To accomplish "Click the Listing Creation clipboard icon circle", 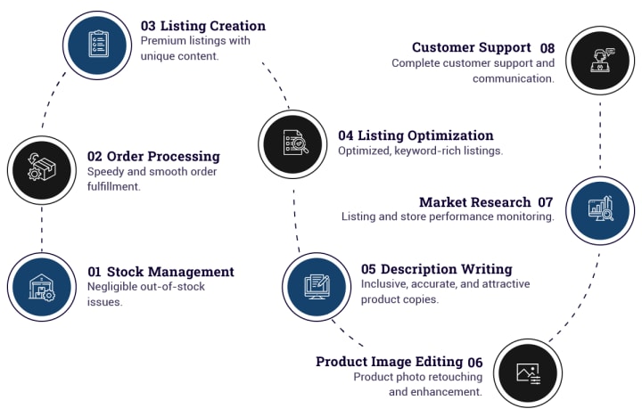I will pyautogui.click(x=97, y=45).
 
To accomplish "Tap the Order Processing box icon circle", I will pyautogui.click(x=42, y=167).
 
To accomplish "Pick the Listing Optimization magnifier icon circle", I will pyautogui.click(x=293, y=143).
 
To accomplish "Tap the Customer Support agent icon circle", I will pyautogui.click(x=600, y=61).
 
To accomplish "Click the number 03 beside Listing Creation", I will pyautogui.click(x=148, y=26).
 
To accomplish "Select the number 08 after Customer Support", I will pyautogui.click(x=547, y=47).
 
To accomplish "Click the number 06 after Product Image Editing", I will pyautogui.click(x=475, y=362).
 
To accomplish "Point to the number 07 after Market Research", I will pyautogui.click(x=546, y=202).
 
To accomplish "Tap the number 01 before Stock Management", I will pyautogui.click(x=95, y=272).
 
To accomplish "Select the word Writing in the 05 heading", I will pyautogui.click(x=485, y=268).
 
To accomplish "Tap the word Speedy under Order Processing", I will pyautogui.click(x=106, y=171).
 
